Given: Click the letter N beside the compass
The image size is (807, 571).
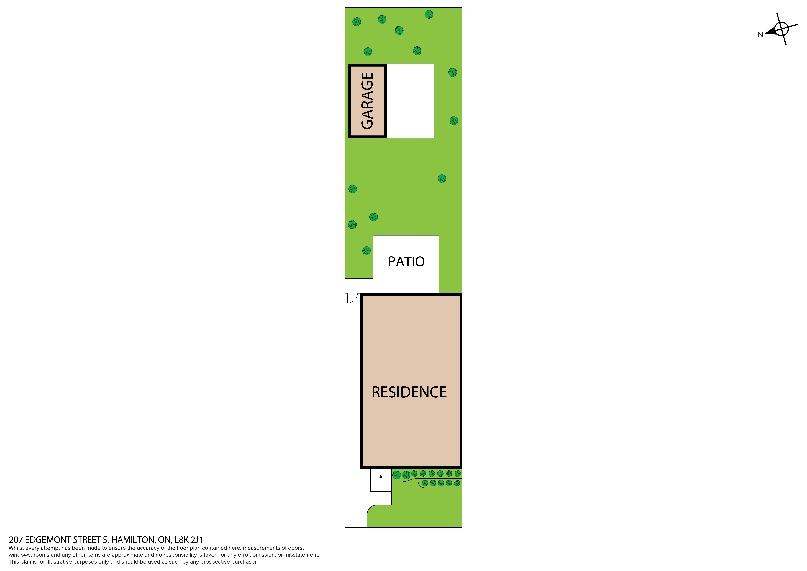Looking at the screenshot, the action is pos(760,35).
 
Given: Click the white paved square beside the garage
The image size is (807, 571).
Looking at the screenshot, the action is pos(411,101).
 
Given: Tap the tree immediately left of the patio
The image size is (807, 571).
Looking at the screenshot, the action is pos(367,250).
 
